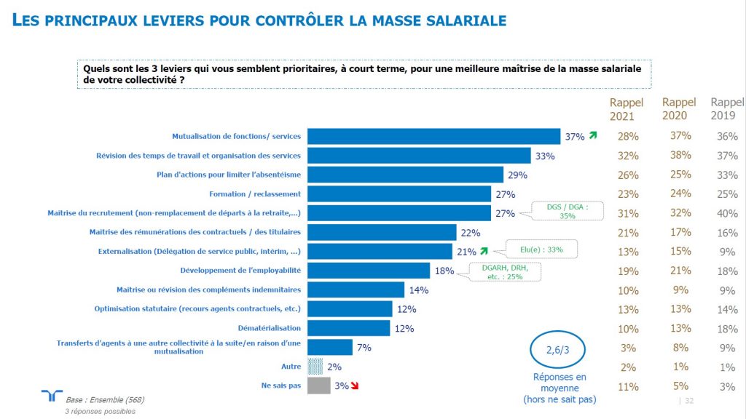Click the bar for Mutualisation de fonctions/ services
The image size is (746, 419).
[x=433, y=136]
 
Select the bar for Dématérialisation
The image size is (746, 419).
[x=349, y=328]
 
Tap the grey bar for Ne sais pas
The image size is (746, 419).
[x=319, y=386]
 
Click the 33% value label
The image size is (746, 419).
[x=545, y=156]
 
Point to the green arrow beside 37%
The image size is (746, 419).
[x=593, y=135]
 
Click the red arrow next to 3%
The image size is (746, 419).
[x=356, y=386]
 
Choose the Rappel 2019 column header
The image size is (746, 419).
[x=726, y=109]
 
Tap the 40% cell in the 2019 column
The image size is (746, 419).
[x=726, y=214]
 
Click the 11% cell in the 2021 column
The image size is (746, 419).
[x=627, y=387]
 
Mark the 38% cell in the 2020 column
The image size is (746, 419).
[x=680, y=155]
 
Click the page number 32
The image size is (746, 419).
[x=689, y=401]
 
